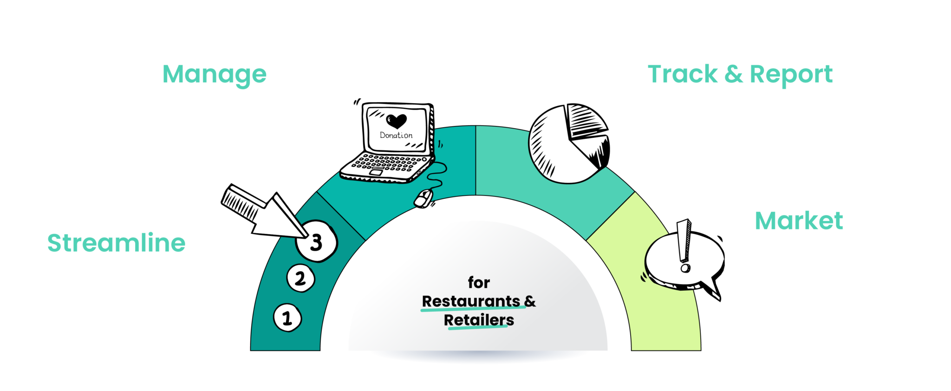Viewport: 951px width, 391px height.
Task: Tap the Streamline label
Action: [117, 243]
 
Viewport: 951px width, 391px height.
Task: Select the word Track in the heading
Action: [683, 74]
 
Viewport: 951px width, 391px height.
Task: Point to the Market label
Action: [799, 221]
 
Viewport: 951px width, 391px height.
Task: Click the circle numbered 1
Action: [287, 318]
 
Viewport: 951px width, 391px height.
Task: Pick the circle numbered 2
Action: [301, 278]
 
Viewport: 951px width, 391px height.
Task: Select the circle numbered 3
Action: [317, 241]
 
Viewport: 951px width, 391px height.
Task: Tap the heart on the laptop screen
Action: [397, 121]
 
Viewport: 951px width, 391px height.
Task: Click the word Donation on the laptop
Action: [396, 135]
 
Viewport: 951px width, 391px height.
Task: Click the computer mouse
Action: [423, 198]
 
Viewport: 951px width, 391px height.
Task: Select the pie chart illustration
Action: [569, 143]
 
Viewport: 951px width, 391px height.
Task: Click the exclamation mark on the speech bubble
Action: [684, 246]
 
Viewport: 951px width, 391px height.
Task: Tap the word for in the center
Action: [479, 282]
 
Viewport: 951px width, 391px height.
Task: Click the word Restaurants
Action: [471, 301]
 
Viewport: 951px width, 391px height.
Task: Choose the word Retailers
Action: [479, 320]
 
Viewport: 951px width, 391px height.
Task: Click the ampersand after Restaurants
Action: [530, 301]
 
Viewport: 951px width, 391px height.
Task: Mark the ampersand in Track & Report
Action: [734, 75]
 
